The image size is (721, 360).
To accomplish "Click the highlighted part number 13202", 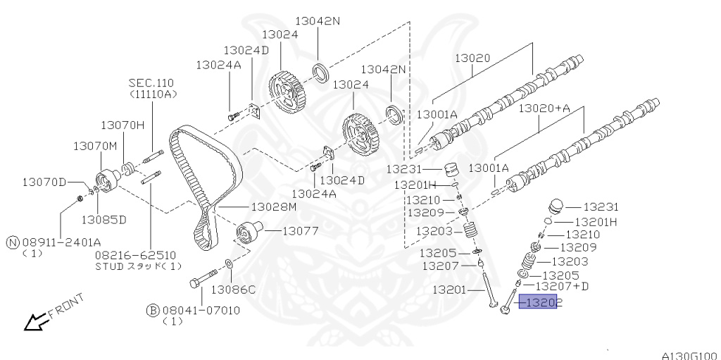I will coord(538,303).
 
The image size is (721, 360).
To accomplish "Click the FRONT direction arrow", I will coord(34,321).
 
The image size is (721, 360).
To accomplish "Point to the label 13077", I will coord(301,230).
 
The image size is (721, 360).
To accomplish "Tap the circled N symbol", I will coord(12,242).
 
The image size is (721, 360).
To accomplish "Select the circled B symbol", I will coord(151,310).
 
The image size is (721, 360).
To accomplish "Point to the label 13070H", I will coord(122,125).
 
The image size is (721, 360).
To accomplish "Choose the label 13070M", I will coord(94,145).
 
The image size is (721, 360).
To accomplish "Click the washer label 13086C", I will coord(233,290).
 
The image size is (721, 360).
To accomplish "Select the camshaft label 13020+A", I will coord(544,108).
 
